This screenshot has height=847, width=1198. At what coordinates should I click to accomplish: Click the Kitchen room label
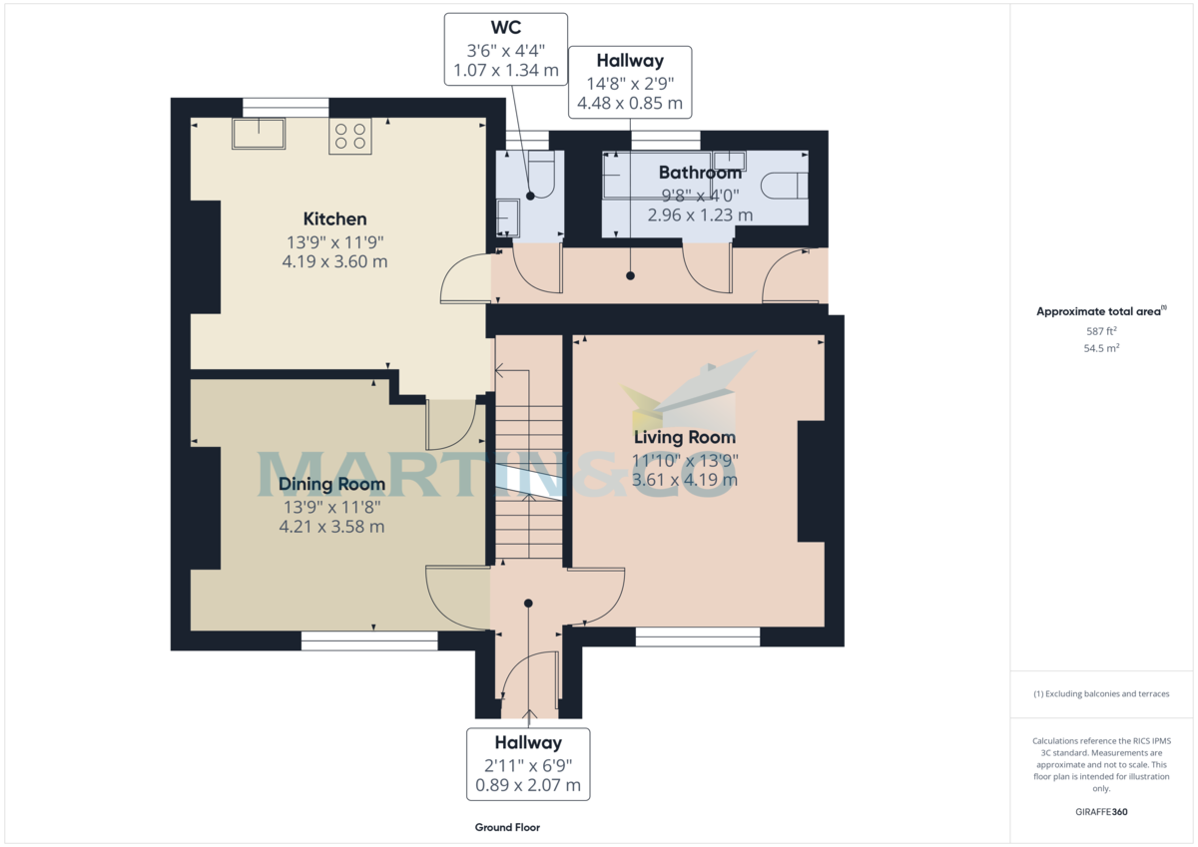click(334, 218)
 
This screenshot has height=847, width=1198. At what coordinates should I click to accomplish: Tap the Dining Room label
click(331, 484)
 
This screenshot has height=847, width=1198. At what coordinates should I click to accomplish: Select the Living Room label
click(685, 437)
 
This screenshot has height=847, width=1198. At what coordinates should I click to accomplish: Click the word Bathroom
click(700, 173)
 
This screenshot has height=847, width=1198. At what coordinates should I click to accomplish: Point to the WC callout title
click(506, 27)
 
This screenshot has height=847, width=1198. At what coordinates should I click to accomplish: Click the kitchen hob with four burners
click(350, 137)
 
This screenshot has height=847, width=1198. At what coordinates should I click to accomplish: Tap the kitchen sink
click(259, 134)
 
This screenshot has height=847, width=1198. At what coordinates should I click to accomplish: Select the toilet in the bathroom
click(785, 186)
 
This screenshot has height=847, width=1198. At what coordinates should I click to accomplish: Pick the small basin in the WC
click(507, 217)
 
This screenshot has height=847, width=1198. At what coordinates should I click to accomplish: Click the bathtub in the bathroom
click(657, 175)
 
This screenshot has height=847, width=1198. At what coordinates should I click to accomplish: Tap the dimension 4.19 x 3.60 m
click(334, 261)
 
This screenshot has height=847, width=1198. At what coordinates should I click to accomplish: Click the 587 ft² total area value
click(1101, 331)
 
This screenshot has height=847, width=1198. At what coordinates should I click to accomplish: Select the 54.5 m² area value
click(1101, 348)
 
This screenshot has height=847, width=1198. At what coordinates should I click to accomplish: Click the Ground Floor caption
click(507, 827)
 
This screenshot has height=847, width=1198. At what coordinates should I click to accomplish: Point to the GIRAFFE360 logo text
click(1101, 812)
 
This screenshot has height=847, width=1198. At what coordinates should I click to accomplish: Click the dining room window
click(369, 640)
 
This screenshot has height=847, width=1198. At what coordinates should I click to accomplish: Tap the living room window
click(698, 636)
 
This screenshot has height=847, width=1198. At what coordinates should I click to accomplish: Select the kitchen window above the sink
click(286, 108)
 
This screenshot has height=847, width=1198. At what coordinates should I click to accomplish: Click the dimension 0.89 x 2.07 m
click(528, 785)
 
